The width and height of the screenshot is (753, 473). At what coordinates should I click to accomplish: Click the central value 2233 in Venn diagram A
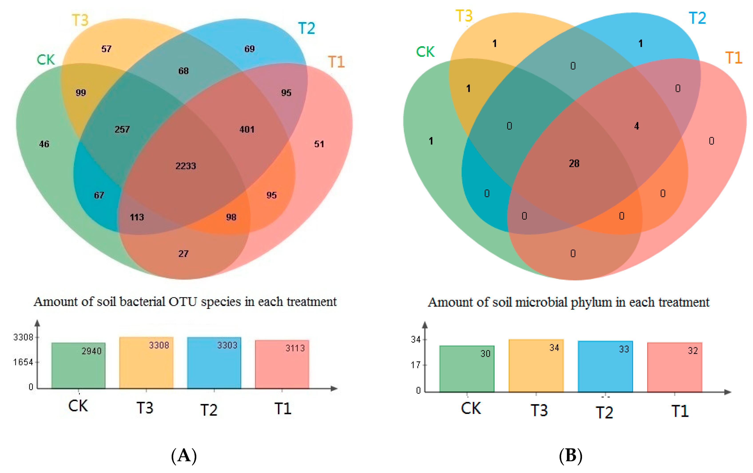[185, 166]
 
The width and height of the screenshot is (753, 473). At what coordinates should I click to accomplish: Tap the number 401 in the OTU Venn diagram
[247, 129]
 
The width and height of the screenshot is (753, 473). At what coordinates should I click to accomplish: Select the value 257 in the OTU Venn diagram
[122, 129]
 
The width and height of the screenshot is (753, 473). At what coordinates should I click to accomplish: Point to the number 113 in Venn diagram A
[137, 217]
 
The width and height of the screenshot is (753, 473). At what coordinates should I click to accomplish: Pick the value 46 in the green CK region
[44, 144]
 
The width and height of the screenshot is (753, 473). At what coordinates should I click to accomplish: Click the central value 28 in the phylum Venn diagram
[574, 163]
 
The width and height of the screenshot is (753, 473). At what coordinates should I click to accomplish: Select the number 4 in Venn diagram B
[636, 126]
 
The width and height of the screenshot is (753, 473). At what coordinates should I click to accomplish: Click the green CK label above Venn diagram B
[425, 52]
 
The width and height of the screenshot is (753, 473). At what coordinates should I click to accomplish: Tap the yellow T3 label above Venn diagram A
[80, 20]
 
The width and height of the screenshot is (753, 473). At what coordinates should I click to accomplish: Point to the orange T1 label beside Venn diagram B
[733, 58]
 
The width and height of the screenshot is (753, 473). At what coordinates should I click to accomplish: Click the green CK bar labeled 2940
[78, 366]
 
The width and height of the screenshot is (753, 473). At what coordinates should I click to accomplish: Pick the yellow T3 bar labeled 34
[536, 366]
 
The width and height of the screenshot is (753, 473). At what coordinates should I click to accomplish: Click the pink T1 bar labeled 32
[675, 367]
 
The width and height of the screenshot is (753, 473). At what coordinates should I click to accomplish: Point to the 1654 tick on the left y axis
[23, 362]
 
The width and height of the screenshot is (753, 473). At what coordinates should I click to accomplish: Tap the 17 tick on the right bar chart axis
[416, 365]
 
